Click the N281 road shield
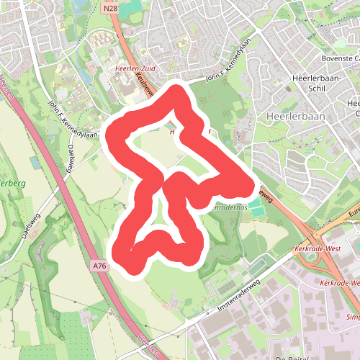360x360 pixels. pyautogui.click(x=110, y=8)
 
